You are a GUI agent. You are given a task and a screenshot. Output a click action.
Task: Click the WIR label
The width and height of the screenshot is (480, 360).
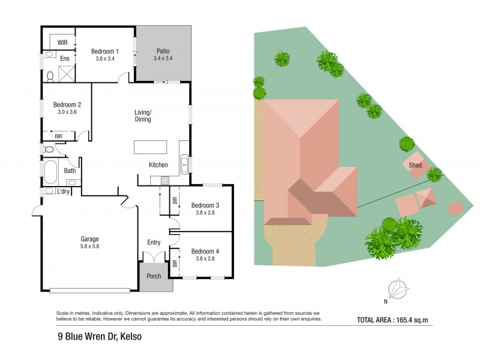click(62, 43)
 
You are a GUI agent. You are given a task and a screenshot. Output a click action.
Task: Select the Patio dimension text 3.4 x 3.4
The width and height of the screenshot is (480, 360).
click(164, 59)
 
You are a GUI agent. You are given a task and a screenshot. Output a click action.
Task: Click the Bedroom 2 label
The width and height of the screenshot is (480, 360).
click(67, 104)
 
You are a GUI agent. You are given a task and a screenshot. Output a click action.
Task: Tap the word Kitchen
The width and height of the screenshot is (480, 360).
click(158, 165)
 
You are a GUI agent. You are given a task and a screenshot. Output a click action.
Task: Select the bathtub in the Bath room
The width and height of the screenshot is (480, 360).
click(49, 173)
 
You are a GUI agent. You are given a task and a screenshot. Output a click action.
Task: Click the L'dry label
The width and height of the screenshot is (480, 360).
click(63, 191)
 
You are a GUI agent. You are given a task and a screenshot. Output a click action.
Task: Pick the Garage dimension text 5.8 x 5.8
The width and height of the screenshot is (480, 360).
click(89, 246)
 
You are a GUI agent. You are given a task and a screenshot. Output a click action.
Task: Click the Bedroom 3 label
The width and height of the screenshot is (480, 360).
click(205, 206)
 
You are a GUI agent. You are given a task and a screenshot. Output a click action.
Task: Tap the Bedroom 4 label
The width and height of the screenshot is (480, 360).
click(205, 251)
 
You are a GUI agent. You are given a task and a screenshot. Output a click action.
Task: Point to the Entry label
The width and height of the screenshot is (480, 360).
click(154, 242)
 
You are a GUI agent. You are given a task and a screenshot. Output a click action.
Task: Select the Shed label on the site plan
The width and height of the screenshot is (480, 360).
click(415, 166)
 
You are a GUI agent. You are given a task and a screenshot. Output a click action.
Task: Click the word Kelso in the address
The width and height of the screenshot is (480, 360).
click(131, 337)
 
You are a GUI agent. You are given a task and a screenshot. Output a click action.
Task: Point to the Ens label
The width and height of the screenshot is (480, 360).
click(65, 59)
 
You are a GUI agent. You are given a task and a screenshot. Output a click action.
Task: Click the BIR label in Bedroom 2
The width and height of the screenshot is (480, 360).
click(58, 136)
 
